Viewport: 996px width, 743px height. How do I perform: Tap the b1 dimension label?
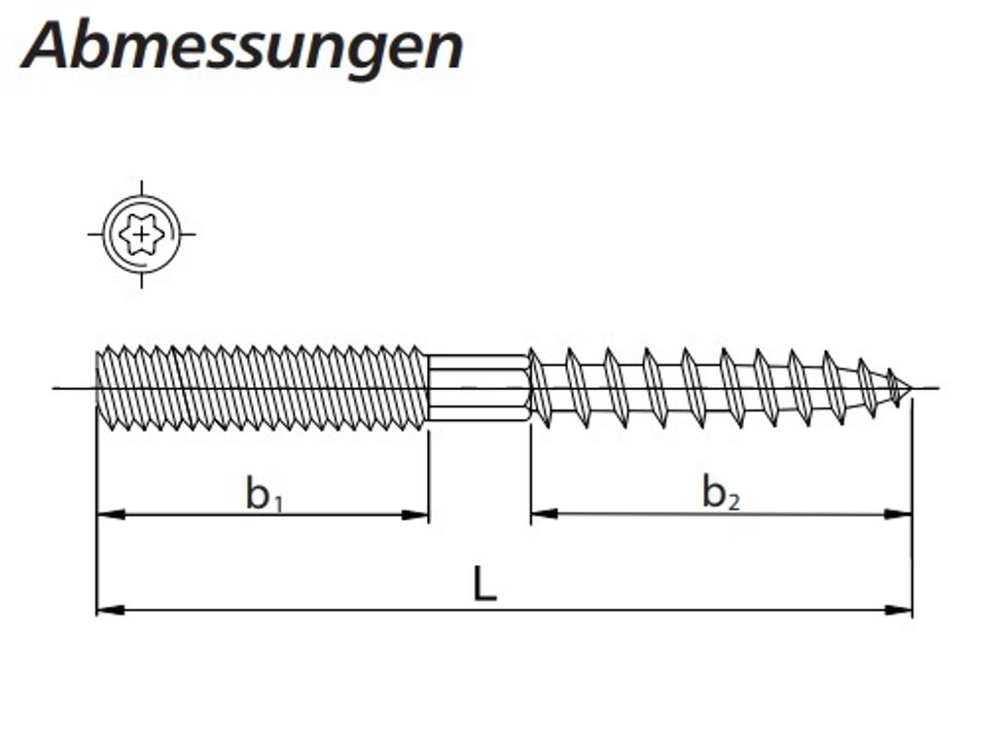click(x=264, y=494)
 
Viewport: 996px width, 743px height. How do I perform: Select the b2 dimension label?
click(x=721, y=494)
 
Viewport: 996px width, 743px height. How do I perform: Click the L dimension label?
click(x=484, y=584)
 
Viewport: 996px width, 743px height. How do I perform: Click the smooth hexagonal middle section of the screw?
click(x=479, y=388)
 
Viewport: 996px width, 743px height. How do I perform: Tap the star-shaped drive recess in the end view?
click(x=141, y=234)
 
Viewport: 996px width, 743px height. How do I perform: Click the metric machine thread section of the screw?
click(x=263, y=388)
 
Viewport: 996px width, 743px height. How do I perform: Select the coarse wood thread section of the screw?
click(x=710, y=388)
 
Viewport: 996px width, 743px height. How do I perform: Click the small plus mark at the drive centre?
click(x=142, y=234)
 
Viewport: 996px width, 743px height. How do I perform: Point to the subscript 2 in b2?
click(x=733, y=503)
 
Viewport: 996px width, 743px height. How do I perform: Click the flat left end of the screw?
click(x=97, y=388)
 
